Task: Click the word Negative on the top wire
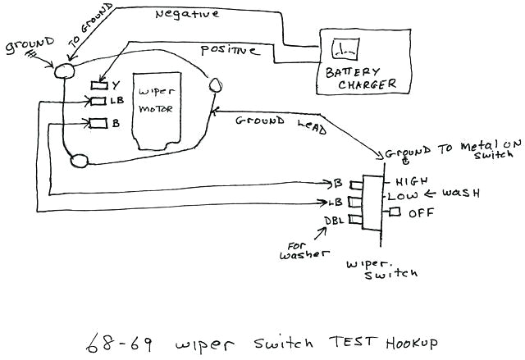pyautogui.click(x=186, y=14)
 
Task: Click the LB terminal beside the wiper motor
pyautogui.click(x=98, y=102)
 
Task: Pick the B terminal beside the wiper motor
pyautogui.click(x=98, y=124)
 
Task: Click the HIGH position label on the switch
pyautogui.click(x=412, y=181)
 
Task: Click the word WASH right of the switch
pyautogui.click(x=461, y=194)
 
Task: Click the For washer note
pyautogui.click(x=305, y=249)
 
